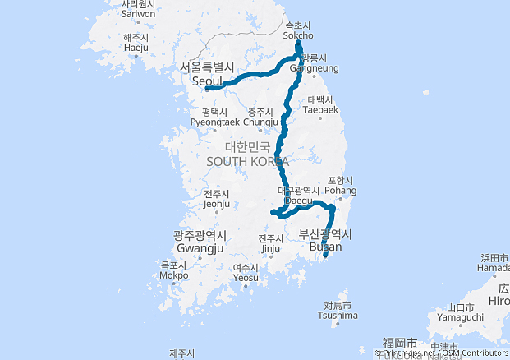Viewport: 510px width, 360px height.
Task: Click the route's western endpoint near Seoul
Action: pyautogui.click(x=207, y=89)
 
